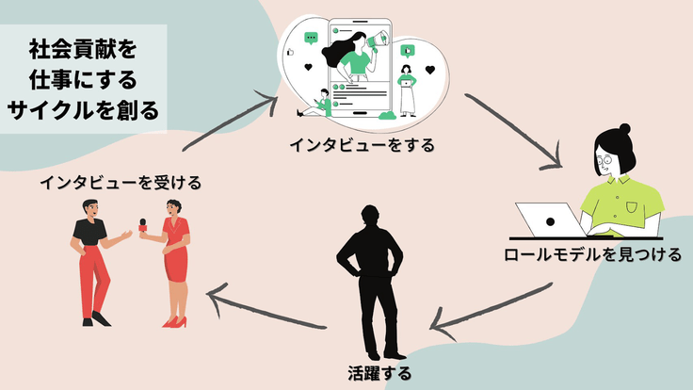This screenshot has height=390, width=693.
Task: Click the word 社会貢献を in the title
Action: click(82, 46)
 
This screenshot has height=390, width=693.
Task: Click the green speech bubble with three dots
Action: click(312, 39)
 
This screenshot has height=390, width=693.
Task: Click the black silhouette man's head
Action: click(371, 216)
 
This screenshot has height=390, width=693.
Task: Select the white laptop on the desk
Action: click(550, 219)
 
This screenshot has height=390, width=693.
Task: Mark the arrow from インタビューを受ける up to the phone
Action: click(231, 121)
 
